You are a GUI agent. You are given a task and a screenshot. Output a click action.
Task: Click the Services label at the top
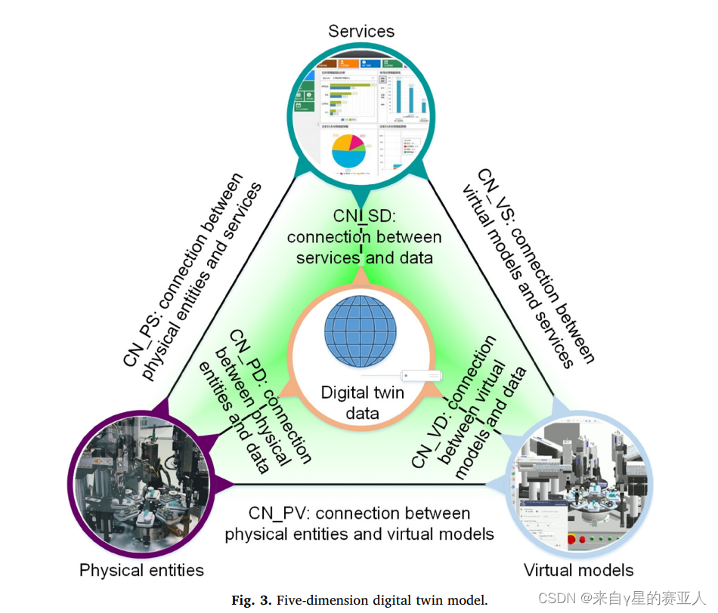[x=361, y=31]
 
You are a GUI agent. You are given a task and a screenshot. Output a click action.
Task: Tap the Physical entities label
[x=141, y=569]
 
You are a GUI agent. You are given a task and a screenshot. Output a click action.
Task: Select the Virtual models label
[x=578, y=569]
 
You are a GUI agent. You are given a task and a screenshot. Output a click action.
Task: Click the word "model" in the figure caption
[x=466, y=600]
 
